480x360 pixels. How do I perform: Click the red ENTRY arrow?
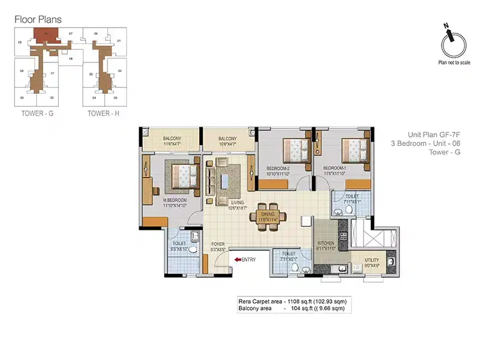[x=238, y=259]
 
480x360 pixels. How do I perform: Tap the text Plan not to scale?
[x=452, y=61]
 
